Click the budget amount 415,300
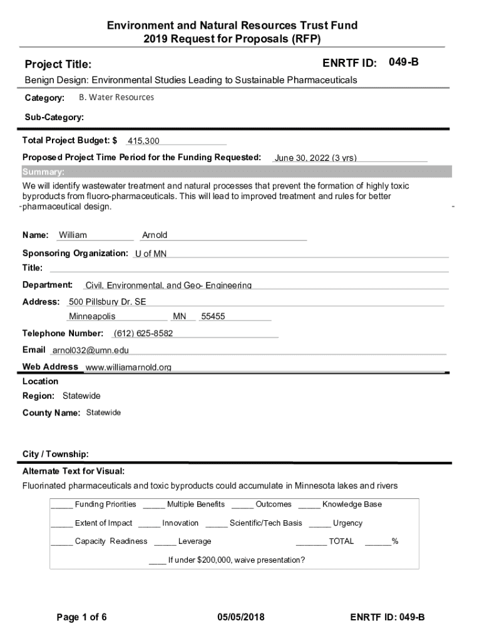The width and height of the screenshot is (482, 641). click(x=143, y=141)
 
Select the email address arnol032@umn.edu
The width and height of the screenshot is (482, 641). click(x=90, y=350)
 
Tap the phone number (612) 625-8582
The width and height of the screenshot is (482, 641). click(x=143, y=333)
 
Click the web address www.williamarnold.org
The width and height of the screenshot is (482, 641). click(x=128, y=367)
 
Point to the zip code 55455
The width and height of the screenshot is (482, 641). click(x=213, y=317)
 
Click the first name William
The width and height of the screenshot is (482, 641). click(x=73, y=235)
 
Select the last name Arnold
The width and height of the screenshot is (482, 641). click(x=155, y=235)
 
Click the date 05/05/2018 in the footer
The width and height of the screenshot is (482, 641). click(x=241, y=617)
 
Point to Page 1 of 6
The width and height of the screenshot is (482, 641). click(x=81, y=617)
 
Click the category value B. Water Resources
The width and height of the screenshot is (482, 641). click(x=116, y=98)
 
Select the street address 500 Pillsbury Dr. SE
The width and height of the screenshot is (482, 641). click(x=108, y=302)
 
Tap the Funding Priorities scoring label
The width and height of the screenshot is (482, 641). click(x=105, y=505)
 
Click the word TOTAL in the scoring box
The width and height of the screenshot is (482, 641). click(x=341, y=541)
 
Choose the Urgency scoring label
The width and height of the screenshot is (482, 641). click(x=347, y=523)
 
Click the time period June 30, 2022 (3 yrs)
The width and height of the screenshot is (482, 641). click(x=315, y=158)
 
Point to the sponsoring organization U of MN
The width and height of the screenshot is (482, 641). click(x=151, y=254)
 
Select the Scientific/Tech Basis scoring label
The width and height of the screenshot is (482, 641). click(x=265, y=523)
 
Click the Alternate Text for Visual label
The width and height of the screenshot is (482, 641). click(x=73, y=471)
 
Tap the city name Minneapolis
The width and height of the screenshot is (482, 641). click(x=92, y=317)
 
